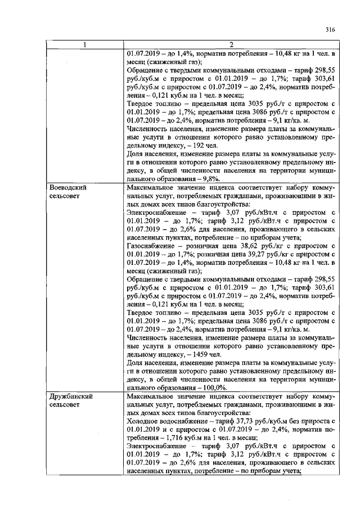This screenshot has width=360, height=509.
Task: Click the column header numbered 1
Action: click(x=84, y=44)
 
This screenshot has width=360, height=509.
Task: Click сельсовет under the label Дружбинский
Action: click(x=66, y=404)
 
